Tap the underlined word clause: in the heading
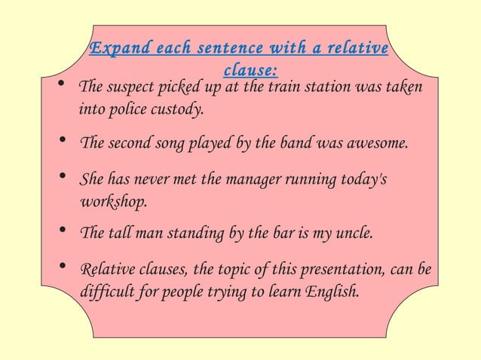(x=251, y=71)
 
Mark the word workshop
(x=112, y=202)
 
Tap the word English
(x=331, y=290)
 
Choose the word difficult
(x=107, y=290)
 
